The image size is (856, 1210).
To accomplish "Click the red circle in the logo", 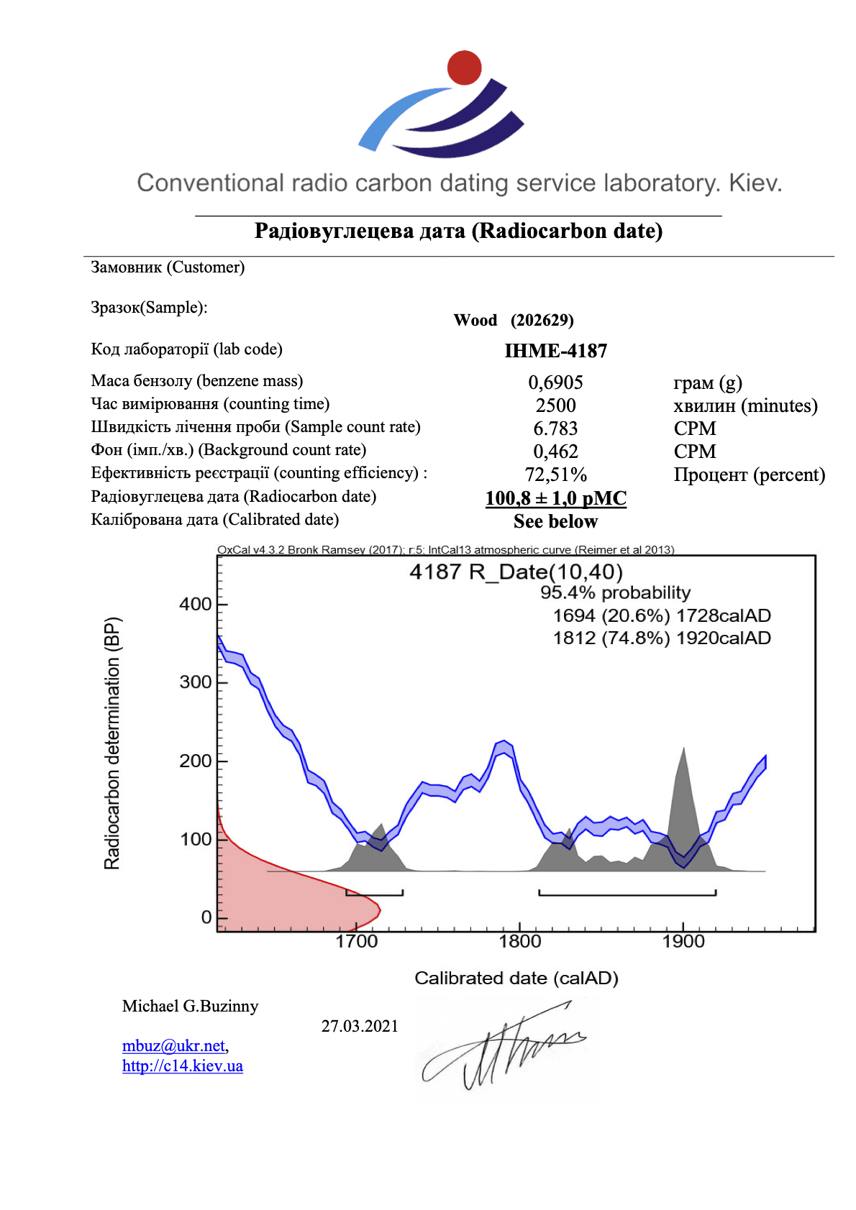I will [464, 68].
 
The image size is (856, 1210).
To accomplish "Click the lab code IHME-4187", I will [555, 351].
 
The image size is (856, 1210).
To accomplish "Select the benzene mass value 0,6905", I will [555, 382].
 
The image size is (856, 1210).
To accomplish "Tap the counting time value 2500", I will [555, 405].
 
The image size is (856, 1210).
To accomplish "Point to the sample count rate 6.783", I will [555, 428].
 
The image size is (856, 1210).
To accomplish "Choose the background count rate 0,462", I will [555, 452].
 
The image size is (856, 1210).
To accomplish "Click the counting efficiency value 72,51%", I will [555, 475].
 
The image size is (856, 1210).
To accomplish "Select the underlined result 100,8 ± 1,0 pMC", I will [555, 498].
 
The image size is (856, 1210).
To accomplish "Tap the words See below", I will [555, 521].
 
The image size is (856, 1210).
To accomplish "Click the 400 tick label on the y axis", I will [196, 604].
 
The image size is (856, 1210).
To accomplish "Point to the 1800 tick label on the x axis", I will [520, 941].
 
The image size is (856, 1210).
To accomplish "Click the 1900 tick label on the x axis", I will [683, 941].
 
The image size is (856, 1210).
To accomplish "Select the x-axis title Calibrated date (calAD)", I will [516, 978].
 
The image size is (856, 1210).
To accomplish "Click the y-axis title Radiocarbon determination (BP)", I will [113, 743].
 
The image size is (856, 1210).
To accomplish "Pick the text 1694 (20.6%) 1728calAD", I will [662, 615].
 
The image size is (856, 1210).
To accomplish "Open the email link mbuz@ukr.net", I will [173, 1045].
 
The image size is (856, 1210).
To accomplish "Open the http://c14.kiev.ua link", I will [183, 1065].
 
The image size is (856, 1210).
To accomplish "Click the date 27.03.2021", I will [360, 1026].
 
